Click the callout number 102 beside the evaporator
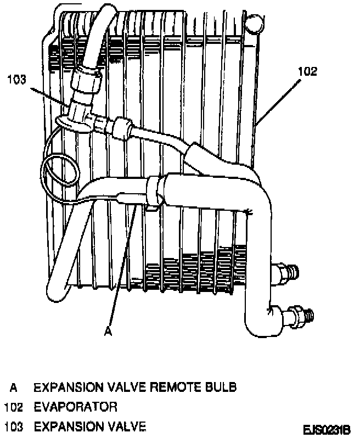(x=308, y=72)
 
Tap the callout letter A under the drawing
(x=108, y=331)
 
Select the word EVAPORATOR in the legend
(x=76, y=407)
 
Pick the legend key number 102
(x=13, y=407)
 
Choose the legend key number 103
(x=13, y=425)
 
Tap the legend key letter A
(x=14, y=388)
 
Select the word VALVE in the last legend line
(x=127, y=425)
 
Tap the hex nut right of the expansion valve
(x=121, y=127)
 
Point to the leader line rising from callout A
(x=122, y=263)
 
